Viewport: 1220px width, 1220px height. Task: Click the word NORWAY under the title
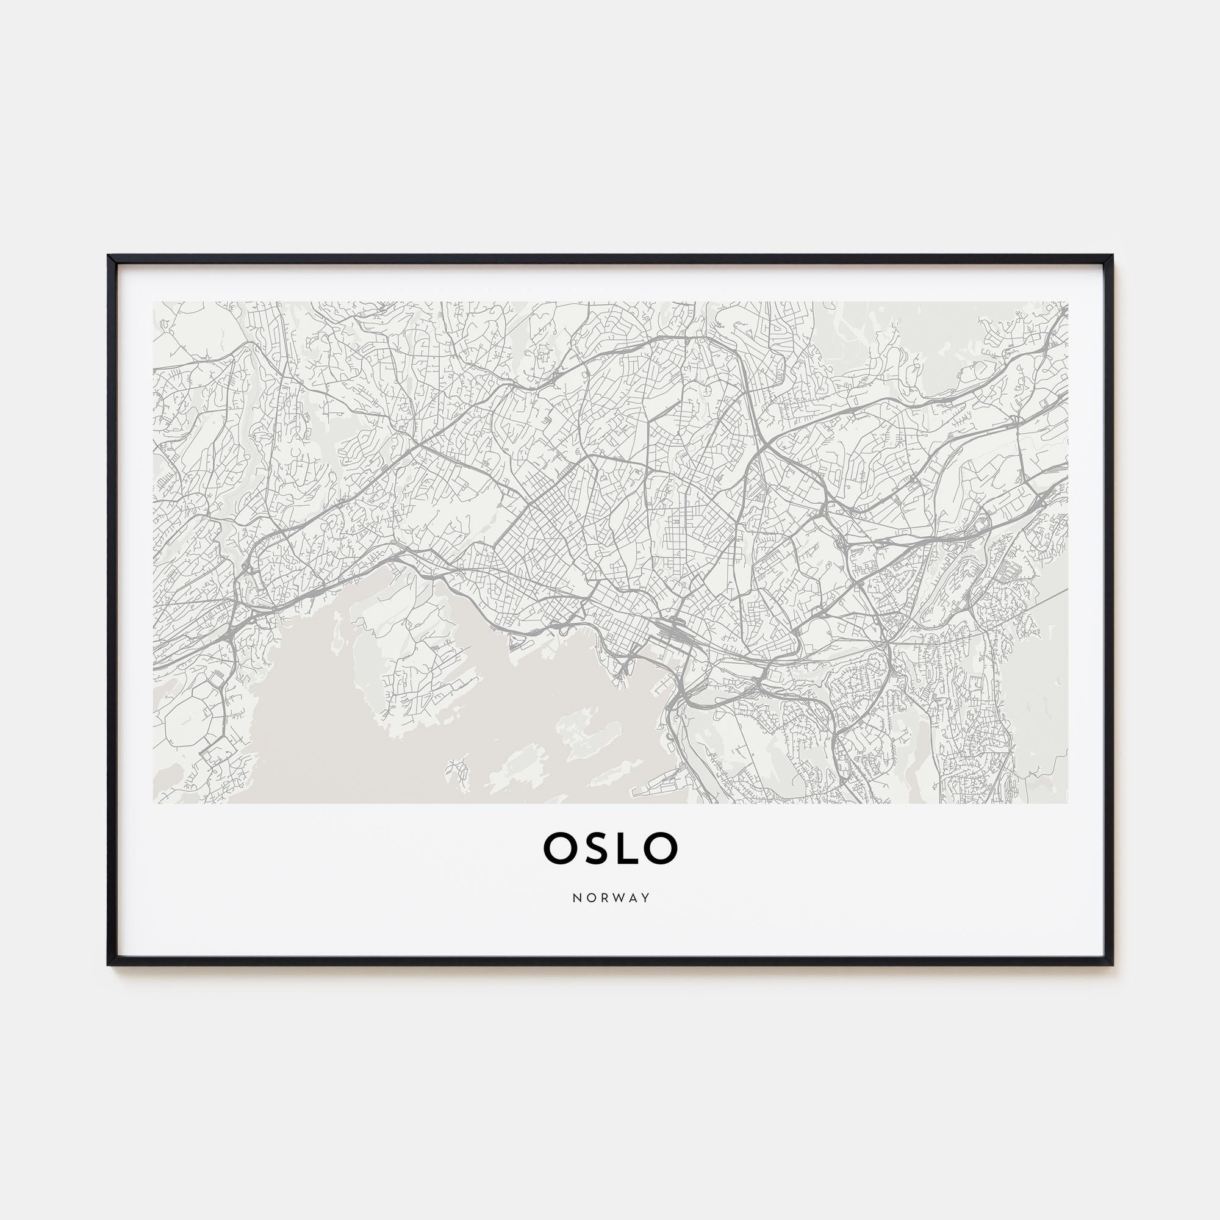pyautogui.click(x=611, y=898)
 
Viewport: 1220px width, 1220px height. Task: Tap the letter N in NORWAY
pyautogui.click(x=576, y=898)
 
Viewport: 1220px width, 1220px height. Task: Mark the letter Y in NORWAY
pyautogui.click(x=645, y=898)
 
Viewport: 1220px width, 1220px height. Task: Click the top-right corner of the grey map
pyautogui.click(x=1067, y=303)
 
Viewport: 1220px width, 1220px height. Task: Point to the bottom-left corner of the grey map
pyautogui.click(x=154, y=803)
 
